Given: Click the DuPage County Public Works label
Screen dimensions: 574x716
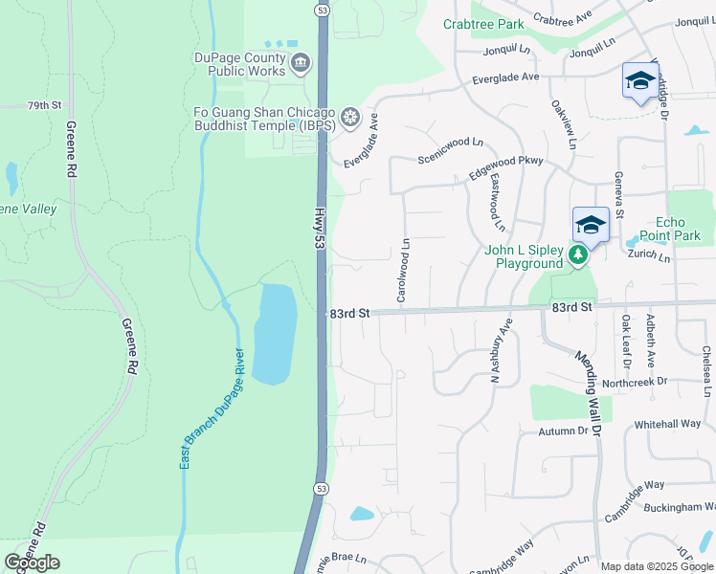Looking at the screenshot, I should (x=239, y=64).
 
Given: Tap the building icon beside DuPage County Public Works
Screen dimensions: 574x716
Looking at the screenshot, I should (x=301, y=64).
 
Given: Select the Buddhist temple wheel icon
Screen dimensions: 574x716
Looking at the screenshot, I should (x=350, y=118).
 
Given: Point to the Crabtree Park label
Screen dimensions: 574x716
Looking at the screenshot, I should (x=483, y=24).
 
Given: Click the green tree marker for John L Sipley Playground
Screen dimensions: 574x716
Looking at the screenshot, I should (x=577, y=255).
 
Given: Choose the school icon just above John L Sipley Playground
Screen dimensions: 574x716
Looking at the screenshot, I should (x=591, y=226).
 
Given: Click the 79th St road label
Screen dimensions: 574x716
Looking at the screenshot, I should (x=44, y=105).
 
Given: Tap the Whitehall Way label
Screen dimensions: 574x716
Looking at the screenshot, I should (x=667, y=424).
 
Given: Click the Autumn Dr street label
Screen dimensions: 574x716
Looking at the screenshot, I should (x=562, y=431).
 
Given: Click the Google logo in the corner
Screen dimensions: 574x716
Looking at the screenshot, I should (x=33, y=562).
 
